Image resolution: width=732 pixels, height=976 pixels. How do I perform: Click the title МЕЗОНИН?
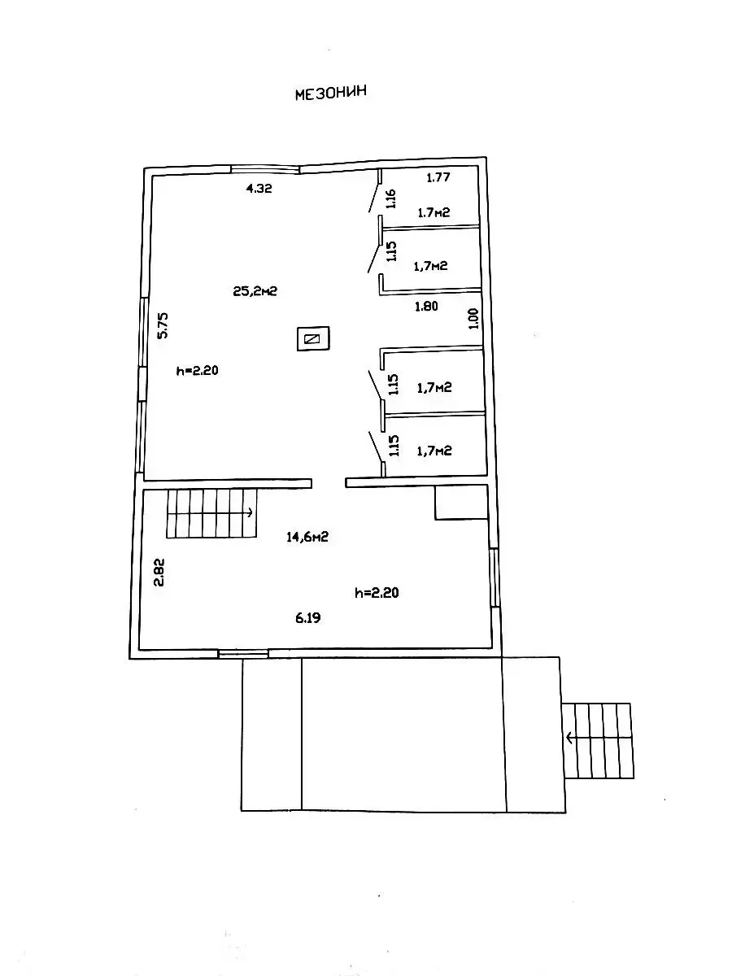click(331, 94)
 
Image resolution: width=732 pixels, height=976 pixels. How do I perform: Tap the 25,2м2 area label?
click(255, 291)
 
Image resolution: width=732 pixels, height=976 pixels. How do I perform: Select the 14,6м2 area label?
click(307, 537)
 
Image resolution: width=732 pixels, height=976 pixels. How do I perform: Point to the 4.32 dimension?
click(259, 189)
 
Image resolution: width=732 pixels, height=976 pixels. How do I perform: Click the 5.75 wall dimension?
click(163, 325)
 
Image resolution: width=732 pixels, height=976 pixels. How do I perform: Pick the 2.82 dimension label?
click(159, 573)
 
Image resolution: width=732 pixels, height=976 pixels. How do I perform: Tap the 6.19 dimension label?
click(308, 617)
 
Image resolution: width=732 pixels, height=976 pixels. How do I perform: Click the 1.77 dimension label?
click(438, 177)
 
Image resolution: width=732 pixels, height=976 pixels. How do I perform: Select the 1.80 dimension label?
click(426, 306)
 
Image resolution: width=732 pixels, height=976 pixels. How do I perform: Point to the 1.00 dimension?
click(474, 318)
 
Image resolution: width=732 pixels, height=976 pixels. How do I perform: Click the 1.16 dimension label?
click(390, 198)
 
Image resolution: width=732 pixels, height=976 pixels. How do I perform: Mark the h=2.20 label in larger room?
click(198, 370)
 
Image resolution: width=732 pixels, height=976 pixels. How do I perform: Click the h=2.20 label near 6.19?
click(377, 593)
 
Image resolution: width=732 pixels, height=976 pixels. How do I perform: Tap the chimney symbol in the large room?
click(313, 339)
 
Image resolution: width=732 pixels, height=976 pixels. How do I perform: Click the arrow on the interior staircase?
click(248, 512)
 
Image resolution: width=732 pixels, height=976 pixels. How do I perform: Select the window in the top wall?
click(265, 169)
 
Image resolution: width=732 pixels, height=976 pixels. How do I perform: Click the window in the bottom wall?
click(243, 653)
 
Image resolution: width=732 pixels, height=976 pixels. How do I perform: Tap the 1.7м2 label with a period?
click(434, 212)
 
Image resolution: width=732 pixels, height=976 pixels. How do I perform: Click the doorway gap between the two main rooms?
click(329, 483)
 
